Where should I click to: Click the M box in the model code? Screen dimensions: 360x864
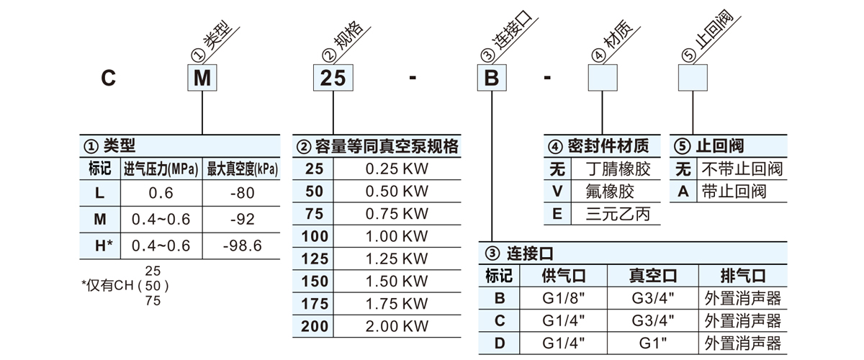pyautogui.click(x=203, y=77)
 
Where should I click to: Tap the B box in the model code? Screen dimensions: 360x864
pyautogui.click(x=492, y=77)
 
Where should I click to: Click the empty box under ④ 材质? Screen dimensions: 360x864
pyautogui.click(x=604, y=77)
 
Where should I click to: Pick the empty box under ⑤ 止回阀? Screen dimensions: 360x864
pyautogui.click(x=696, y=77)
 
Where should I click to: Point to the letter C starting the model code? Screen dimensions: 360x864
pyautogui.click(x=108, y=78)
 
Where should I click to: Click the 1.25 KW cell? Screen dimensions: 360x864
pyautogui.click(x=397, y=258)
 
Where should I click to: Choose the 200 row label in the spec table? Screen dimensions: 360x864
pyautogui.click(x=315, y=326)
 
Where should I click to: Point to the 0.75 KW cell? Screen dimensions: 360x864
pyautogui.click(x=397, y=214)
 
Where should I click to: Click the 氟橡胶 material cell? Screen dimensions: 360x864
pyautogui.click(x=613, y=192)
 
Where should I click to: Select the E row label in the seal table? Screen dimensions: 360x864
pyautogui.click(x=557, y=214)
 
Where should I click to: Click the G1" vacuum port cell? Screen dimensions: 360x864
pyautogui.click(x=653, y=343)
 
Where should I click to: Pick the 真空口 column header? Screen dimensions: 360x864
pyautogui.click(x=653, y=276)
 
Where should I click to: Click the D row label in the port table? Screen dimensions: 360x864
pyautogui.click(x=500, y=343)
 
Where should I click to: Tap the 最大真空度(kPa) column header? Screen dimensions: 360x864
pyautogui.click(x=242, y=170)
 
